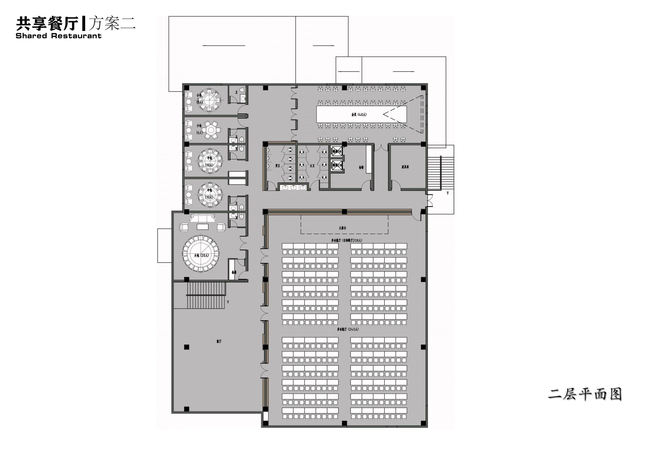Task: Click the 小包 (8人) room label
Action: [200, 99]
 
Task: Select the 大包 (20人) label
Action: [201, 255]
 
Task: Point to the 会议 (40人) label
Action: [359, 115]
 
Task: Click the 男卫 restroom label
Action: [277, 166]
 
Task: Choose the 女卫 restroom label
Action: [312, 166]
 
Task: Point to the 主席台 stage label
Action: [342, 228]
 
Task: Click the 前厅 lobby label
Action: [219, 341]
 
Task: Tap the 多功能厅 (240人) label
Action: [348, 329]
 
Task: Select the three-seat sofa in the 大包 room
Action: [202, 218]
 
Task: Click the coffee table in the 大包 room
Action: [202, 227]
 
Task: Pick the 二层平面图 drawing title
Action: [584, 394]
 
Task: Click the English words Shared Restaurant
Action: [58, 36]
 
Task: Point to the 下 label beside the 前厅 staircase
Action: [228, 302]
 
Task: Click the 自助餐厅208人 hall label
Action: [347, 240]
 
